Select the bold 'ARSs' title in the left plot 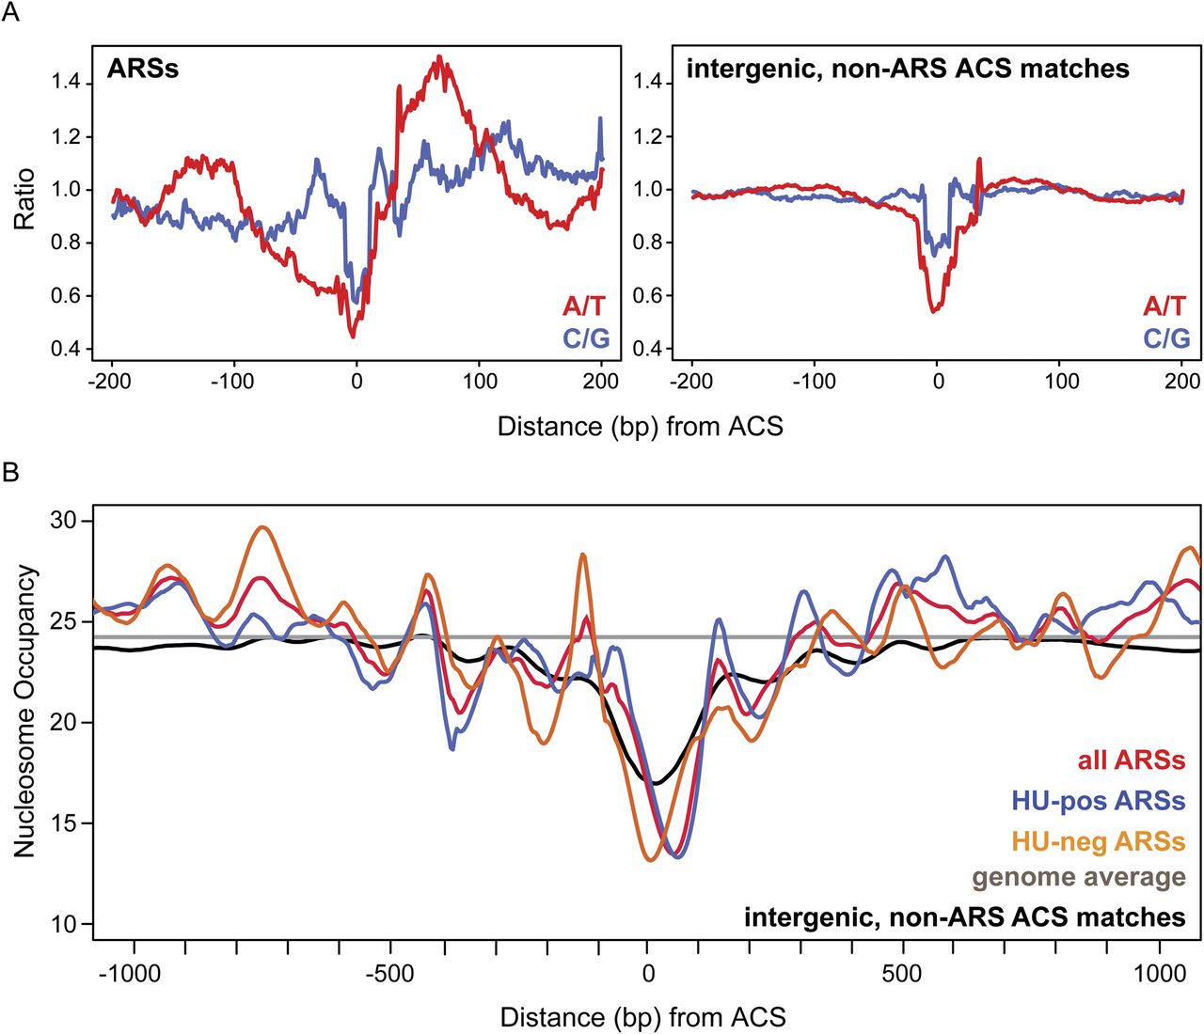[x=142, y=69]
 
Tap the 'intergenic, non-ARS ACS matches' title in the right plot [x=908, y=69]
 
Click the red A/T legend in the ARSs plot [x=584, y=305]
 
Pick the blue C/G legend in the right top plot [x=1166, y=338]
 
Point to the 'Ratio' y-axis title [x=24, y=199]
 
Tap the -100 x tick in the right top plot [x=814, y=381]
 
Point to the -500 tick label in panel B [x=388, y=974]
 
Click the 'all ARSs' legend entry [x=1131, y=760]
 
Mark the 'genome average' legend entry [x=1078, y=878]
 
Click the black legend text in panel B [x=964, y=916]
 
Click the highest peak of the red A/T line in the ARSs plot [x=439, y=58]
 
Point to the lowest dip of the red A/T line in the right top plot [x=933, y=311]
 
